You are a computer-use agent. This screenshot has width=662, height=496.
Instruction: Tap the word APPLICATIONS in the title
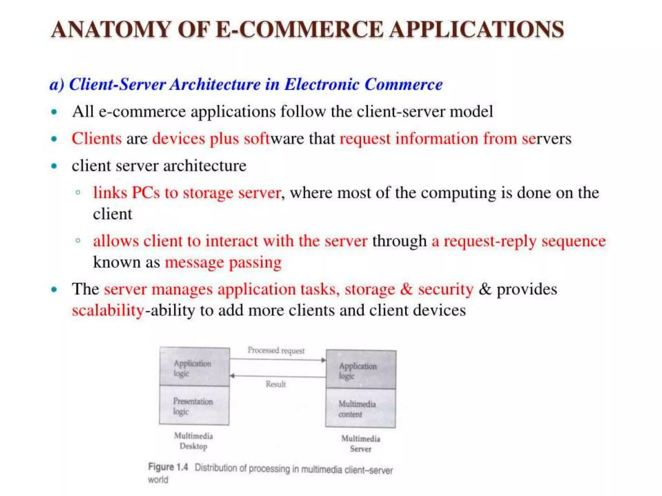tap(476, 29)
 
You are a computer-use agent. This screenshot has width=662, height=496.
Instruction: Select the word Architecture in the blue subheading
tap(215, 85)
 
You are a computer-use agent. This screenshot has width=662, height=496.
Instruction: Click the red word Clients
tap(97, 139)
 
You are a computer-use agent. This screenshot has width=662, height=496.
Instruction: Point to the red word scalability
tap(108, 310)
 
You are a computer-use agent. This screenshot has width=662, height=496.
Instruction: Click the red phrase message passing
tap(223, 262)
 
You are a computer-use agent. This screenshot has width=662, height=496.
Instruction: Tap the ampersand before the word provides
tap(485, 289)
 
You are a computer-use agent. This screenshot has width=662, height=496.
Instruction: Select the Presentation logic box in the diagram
tap(194, 406)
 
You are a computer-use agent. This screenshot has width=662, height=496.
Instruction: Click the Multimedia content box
tap(360, 408)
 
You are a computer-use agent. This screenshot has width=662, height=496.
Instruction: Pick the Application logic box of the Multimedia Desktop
tap(195, 367)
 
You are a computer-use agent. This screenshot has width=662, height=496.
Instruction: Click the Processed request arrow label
tap(276, 351)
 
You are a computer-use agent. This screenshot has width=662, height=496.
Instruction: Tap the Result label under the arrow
tap(276, 384)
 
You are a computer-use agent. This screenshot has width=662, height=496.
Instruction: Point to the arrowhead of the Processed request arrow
tap(323, 360)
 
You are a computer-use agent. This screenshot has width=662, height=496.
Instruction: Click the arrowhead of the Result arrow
tap(232, 376)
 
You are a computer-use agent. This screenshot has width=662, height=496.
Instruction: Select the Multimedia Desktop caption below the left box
tap(193, 441)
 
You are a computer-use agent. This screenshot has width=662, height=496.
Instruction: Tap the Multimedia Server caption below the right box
tap(360, 444)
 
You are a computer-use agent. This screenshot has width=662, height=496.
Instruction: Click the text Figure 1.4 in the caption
tap(168, 467)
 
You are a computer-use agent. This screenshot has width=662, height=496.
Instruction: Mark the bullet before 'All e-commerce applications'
tap(54, 112)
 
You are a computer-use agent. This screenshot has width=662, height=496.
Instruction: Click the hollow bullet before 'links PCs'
tap(78, 193)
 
